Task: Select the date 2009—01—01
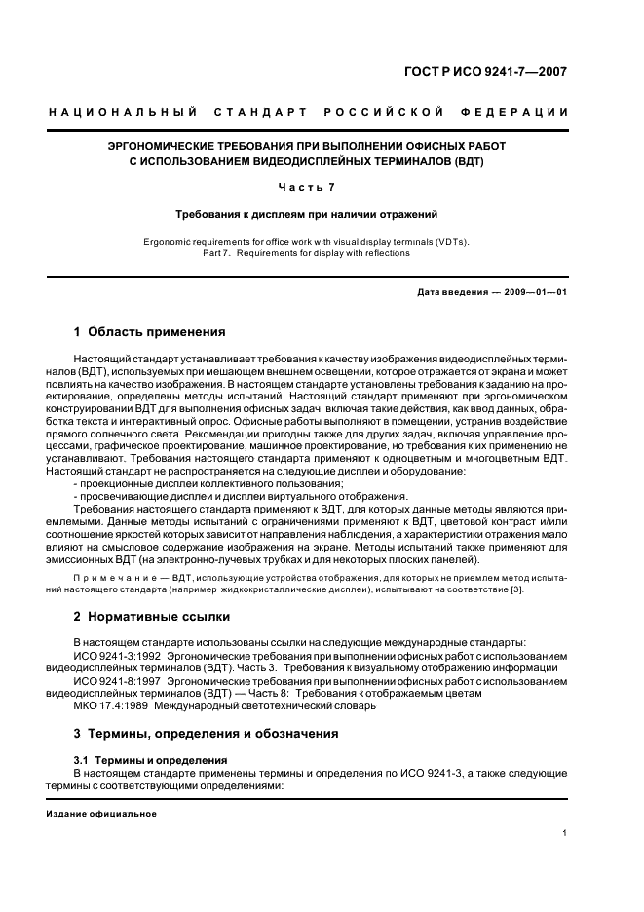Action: coord(535,292)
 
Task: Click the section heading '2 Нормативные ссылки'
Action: coord(152,616)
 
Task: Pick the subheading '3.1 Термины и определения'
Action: coord(151,759)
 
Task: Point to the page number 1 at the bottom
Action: coord(565,833)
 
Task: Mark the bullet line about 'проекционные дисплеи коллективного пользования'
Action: coord(208,483)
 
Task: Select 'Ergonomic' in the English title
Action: coord(167,241)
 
